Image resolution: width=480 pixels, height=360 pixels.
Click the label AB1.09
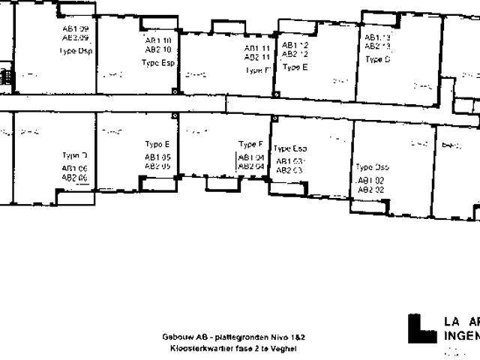tap(75, 28)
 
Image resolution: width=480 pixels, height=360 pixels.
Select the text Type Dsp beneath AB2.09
tap(75, 51)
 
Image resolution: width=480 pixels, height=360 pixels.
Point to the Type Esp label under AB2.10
tap(157, 63)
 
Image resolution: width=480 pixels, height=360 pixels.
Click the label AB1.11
tap(256, 48)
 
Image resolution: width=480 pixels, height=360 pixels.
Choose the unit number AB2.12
tap(295, 54)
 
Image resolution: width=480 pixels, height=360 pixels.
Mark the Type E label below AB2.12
tap(295, 67)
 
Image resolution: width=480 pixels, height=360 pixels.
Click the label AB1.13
tap(377, 37)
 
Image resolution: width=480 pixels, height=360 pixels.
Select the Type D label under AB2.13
tap(377, 59)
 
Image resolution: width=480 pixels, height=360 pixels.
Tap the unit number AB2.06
tap(75, 178)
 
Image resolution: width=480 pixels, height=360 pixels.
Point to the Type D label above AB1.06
tap(75, 155)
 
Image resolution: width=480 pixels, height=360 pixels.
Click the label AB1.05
tap(157, 157)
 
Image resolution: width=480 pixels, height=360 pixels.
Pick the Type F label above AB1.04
tap(250, 144)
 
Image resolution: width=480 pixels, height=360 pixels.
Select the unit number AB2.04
tap(250, 166)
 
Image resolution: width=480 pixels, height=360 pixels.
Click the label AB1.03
tap(289, 161)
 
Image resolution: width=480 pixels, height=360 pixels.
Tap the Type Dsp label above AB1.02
tap(372, 167)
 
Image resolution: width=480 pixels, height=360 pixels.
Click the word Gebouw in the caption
tap(175, 337)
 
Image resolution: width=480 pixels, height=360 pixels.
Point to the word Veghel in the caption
tap(284, 349)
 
